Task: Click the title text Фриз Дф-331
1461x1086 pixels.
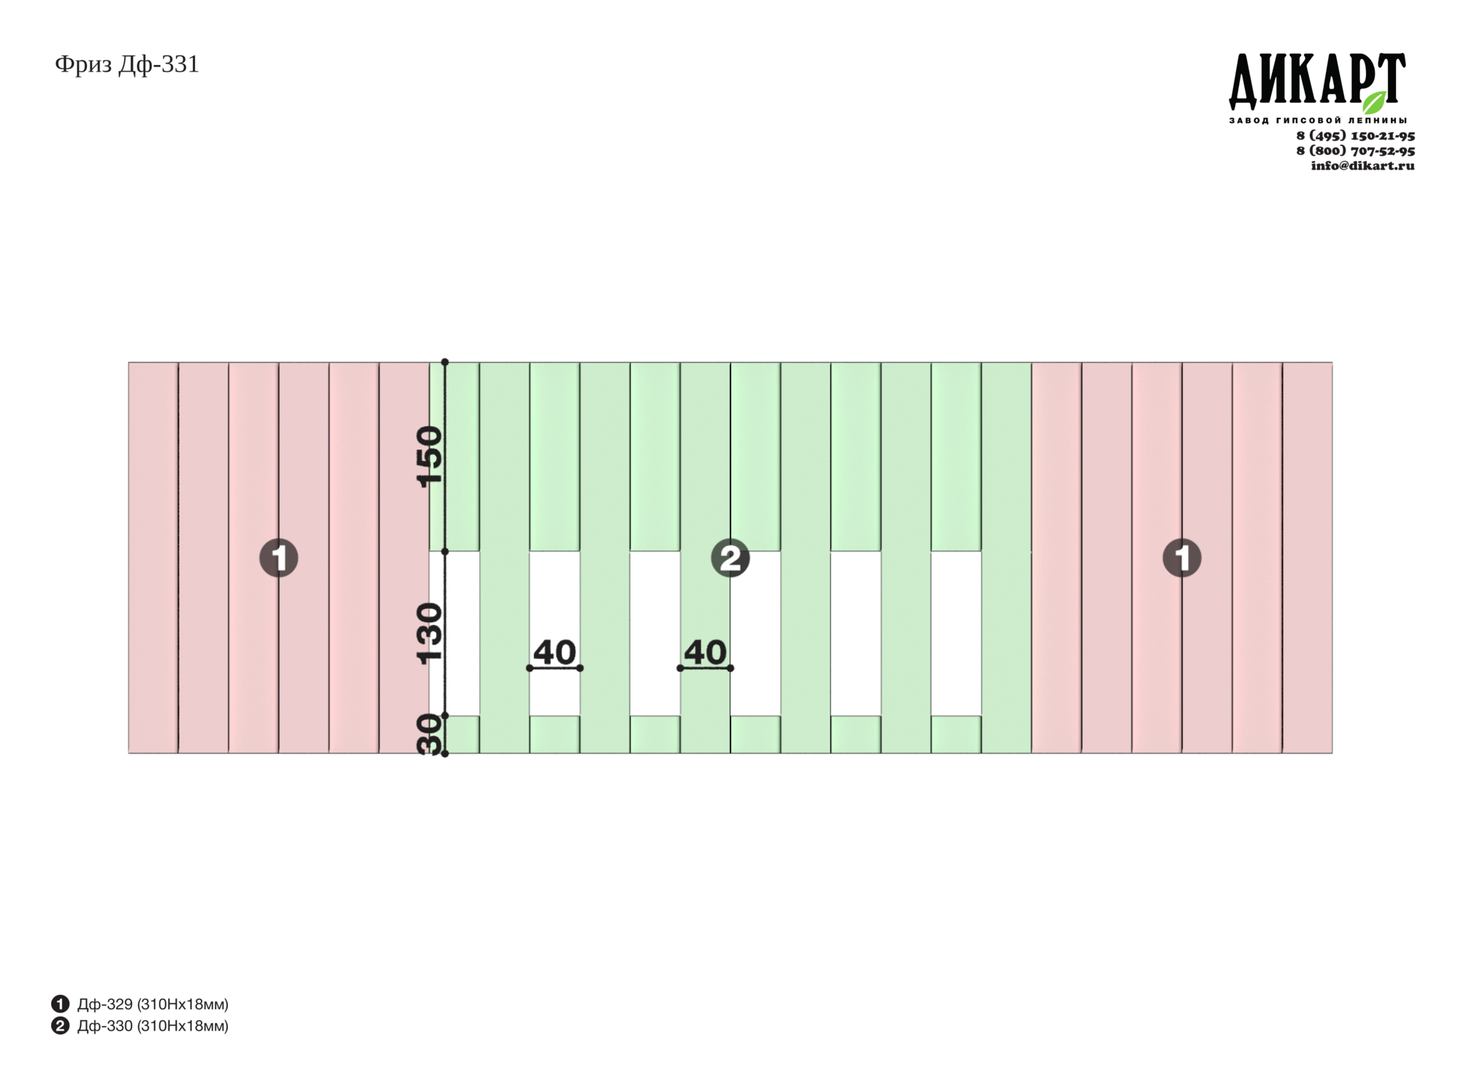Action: click(x=127, y=65)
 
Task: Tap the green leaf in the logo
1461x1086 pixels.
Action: click(x=1374, y=102)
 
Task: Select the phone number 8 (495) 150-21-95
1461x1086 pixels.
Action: click(x=1355, y=136)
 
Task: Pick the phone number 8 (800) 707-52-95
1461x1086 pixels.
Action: click(x=1355, y=151)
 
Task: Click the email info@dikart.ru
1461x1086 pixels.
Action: click(x=1362, y=166)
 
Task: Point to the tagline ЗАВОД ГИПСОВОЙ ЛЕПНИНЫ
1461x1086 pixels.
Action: click(x=1318, y=120)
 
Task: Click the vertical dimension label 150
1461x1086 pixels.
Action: click(x=430, y=456)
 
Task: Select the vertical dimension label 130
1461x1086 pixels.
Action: click(x=430, y=633)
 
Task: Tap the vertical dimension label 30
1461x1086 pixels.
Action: click(x=430, y=734)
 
